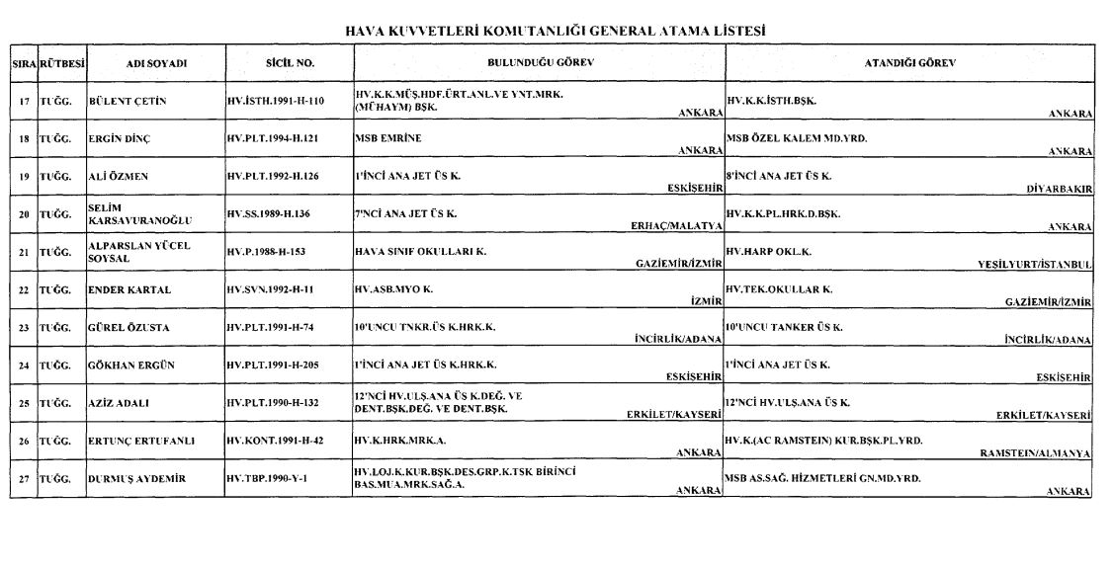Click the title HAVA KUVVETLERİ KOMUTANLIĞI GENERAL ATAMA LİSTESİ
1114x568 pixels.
[557, 31]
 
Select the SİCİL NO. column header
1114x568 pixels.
[290, 62]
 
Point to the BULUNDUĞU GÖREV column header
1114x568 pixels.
[539, 62]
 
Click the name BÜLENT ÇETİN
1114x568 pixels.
[125, 102]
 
